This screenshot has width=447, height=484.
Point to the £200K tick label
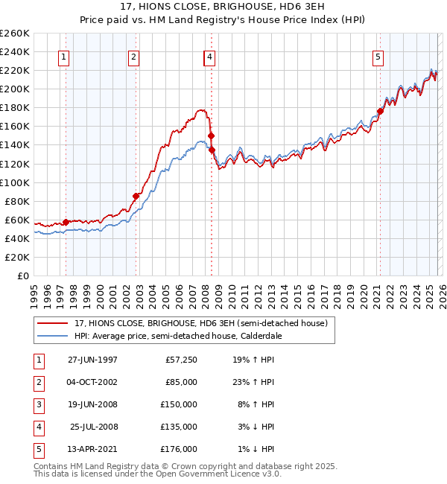15,89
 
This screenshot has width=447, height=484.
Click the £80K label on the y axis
17,201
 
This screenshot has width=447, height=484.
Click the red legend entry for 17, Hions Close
194,323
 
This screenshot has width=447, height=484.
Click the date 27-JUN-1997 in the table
92,360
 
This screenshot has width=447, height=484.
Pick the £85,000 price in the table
181,382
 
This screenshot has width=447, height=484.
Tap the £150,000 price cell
179,404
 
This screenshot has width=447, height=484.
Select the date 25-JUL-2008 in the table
94,427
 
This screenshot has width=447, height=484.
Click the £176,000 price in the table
179,449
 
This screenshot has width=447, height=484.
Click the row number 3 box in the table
38,404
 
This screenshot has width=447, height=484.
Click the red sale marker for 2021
380,112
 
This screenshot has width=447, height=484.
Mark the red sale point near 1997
66,222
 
